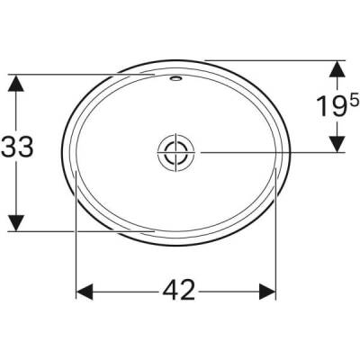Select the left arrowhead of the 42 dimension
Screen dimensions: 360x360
[83, 290]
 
